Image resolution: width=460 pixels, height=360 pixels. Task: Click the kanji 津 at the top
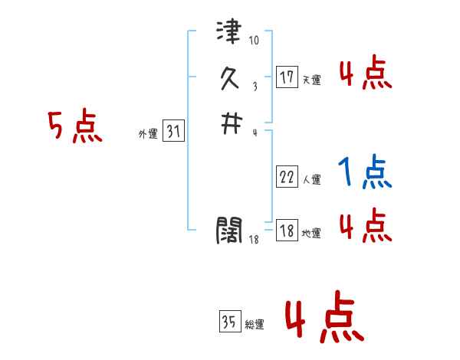pyautogui.click(x=229, y=34)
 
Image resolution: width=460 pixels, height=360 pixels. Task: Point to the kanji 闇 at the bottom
pyautogui.click(x=229, y=228)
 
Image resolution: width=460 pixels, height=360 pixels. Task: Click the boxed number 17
pyautogui.click(x=287, y=77)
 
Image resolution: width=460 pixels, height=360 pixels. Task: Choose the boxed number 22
pyautogui.click(x=287, y=177)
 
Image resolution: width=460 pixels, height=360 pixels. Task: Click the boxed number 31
pyautogui.click(x=173, y=132)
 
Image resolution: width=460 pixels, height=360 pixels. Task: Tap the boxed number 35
pyautogui.click(x=229, y=322)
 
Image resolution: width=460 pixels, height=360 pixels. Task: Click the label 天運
pyautogui.click(x=311, y=80)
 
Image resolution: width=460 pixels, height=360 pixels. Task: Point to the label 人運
pyautogui.click(x=311, y=180)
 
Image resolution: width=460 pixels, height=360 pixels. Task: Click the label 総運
pyautogui.click(x=255, y=325)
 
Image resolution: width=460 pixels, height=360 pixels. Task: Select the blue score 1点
pyautogui.click(x=365, y=172)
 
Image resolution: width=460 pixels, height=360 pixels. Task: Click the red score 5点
pyautogui.click(x=75, y=126)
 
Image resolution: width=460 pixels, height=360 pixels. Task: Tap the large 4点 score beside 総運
pyautogui.click(x=324, y=320)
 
